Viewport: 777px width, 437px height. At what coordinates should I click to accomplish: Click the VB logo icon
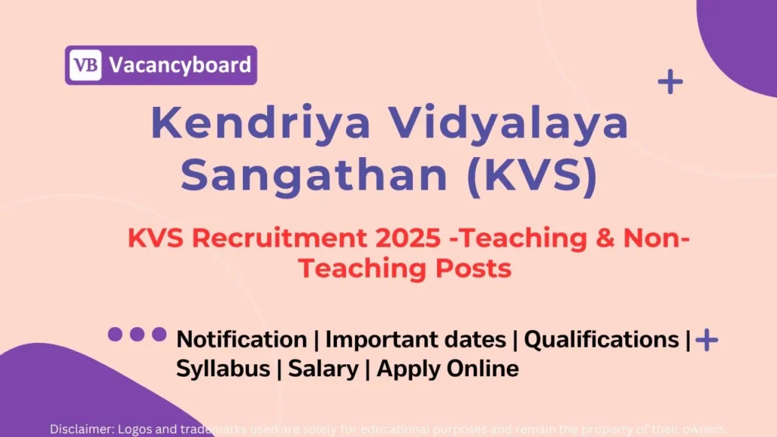(x=85, y=65)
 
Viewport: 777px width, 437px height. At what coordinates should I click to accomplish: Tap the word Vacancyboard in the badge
(x=180, y=65)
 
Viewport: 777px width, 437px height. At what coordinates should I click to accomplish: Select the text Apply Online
(x=448, y=369)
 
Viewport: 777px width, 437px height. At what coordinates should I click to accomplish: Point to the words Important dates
(x=415, y=339)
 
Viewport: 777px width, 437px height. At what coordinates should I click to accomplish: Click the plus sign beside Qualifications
(x=707, y=340)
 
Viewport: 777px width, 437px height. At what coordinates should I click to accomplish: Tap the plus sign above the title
(x=670, y=82)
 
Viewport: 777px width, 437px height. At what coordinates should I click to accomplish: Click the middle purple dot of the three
(x=137, y=334)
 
